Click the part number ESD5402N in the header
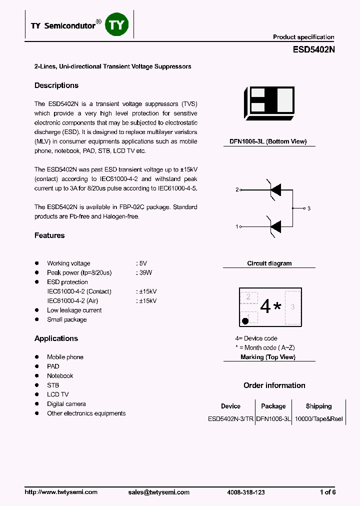click(313, 50)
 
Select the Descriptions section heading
click(56, 85)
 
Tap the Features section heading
click(49, 235)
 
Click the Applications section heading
click(56, 338)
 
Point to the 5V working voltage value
click(142, 263)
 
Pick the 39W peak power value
click(144, 273)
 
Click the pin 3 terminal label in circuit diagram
click(309, 208)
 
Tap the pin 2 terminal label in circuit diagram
click(237, 189)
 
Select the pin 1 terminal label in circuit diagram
click(237, 227)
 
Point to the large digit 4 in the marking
click(265, 306)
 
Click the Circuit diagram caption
click(269, 263)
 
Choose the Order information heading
click(274, 385)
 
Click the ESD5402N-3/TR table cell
click(230, 419)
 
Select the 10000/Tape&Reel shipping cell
click(318, 419)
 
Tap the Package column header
click(273, 406)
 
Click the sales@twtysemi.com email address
click(159, 492)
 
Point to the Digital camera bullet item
click(66, 404)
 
